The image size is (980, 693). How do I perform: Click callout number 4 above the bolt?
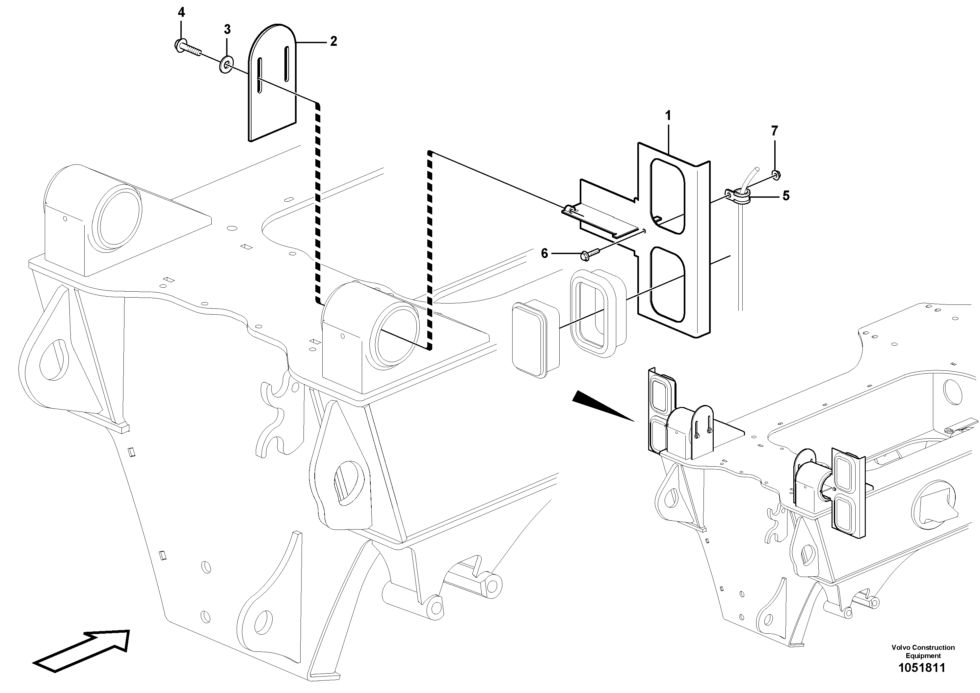[x=181, y=13]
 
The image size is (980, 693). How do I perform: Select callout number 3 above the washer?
[x=227, y=29]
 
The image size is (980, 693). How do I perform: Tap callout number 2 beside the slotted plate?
[x=333, y=42]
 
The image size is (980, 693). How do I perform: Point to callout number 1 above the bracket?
[x=668, y=116]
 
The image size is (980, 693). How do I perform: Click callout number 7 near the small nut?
[x=774, y=131]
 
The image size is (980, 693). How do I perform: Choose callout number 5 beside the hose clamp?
[x=786, y=196]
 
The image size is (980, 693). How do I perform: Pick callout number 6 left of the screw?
[x=544, y=254]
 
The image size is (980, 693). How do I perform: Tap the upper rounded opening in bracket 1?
[x=666, y=196]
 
